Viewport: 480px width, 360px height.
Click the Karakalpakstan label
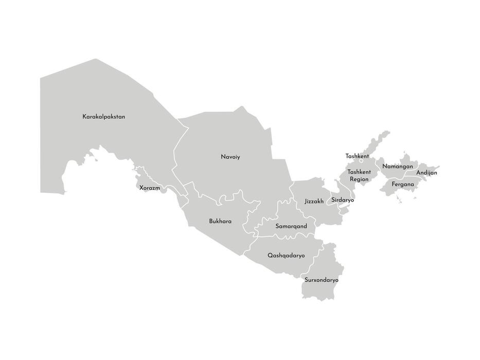pos(103,117)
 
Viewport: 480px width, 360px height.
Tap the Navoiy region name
pos(230,157)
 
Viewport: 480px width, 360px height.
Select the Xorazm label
pos(150,188)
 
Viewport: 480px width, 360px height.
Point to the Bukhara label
pos(220,222)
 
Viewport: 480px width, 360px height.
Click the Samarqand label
pos(291,226)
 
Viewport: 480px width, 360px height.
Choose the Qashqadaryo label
pos(286,256)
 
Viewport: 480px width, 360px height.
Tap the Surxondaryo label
pos(321,280)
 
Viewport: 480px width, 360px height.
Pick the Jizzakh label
pos(314,202)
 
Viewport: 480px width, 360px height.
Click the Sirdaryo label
pos(343,200)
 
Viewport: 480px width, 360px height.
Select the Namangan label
pos(397,167)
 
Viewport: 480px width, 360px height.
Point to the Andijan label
pos(426,173)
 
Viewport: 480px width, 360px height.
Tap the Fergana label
pos(402,184)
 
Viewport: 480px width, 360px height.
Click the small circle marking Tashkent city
pos(361,161)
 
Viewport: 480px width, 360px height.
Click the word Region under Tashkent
pos(359,179)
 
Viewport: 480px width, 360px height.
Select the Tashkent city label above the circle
pos(357,156)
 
